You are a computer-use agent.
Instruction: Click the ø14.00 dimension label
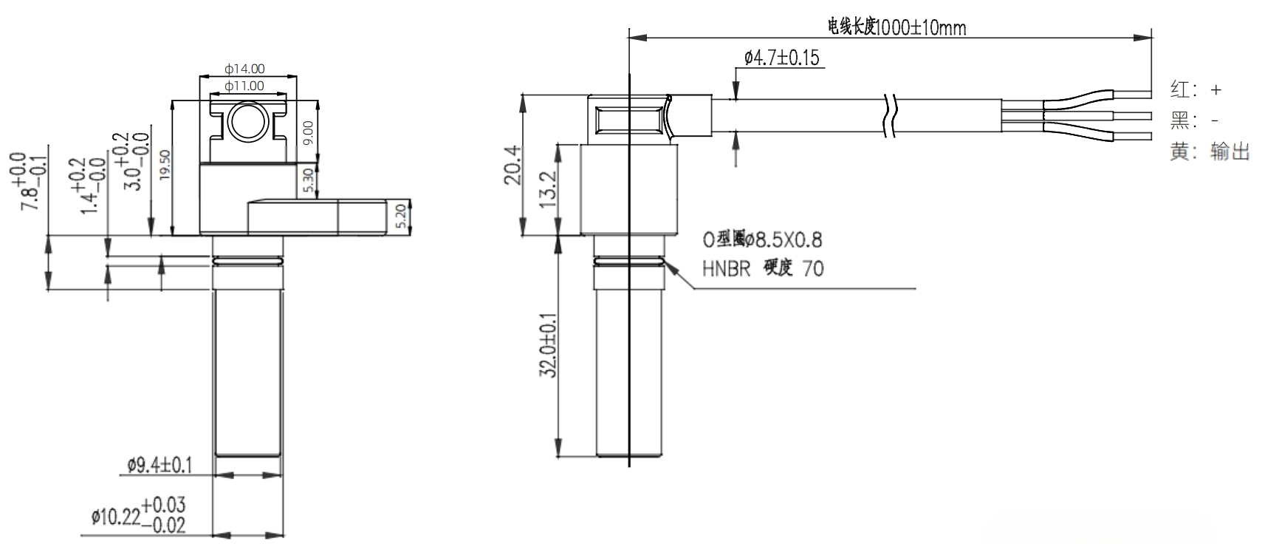pyautogui.click(x=244, y=69)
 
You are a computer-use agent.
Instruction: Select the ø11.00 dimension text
pyautogui.click(x=244, y=86)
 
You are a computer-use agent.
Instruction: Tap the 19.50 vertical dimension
pyautogui.click(x=165, y=165)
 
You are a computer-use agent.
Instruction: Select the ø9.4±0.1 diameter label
pyautogui.click(x=160, y=465)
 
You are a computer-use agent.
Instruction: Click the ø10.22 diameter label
pyautogui.click(x=138, y=515)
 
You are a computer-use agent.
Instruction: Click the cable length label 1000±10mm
pyautogui.click(x=897, y=28)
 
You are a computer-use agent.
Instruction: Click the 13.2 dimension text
pyautogui.click(x=548, y=190)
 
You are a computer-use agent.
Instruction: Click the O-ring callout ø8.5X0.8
pyautogui.click(x=762, y=239)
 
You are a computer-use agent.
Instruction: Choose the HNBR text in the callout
pyautogui.click(x=727, y=268)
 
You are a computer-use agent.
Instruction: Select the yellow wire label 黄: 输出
pyautogui.click(x=1210, y=152)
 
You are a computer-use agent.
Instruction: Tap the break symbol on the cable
pyautogui.click(x=890, y=116)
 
